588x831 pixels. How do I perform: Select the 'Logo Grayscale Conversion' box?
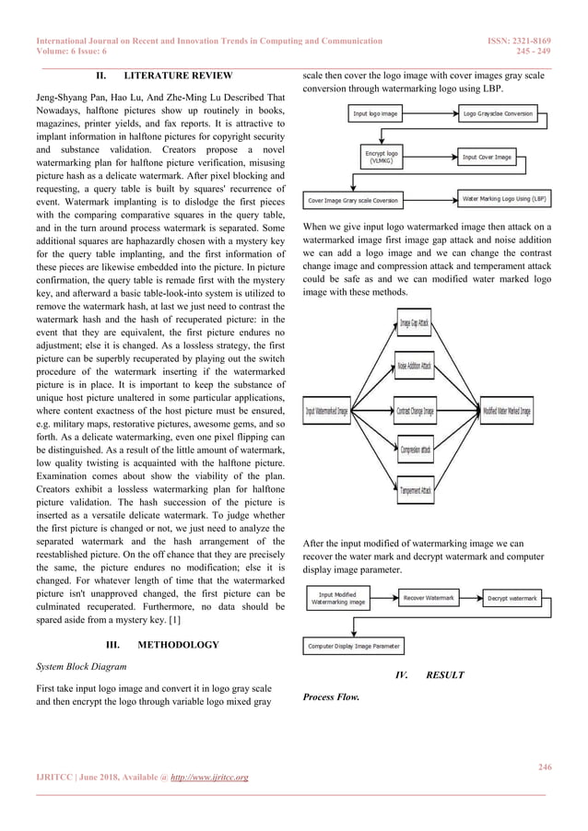point(498,115)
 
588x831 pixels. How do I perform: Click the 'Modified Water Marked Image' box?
point(507,410)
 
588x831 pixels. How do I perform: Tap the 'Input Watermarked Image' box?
point(327,410)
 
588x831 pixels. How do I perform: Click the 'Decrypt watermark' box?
point(512,599)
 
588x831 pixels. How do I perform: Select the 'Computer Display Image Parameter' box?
point(355,647)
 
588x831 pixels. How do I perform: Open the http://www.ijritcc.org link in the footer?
point(206,778)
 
